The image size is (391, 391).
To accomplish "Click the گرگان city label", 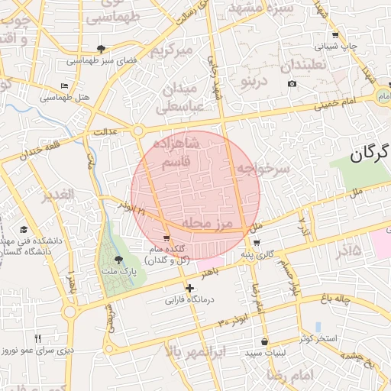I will click(369, 153).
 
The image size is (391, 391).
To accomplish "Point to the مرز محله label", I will click(206, 222).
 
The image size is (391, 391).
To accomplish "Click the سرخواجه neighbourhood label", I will click(263, 169).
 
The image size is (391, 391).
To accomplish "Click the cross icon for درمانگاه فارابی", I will click(190, 288).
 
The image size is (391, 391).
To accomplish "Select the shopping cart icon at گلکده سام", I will click(166, 238).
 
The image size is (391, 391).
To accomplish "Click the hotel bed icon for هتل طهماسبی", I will click(65, 86).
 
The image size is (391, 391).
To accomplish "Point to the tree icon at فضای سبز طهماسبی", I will click(101, 50).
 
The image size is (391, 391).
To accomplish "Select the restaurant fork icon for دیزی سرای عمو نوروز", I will click(37, 338).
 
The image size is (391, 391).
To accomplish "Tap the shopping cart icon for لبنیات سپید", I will click(264, 342).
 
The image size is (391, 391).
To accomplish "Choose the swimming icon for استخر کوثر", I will click(318, 327).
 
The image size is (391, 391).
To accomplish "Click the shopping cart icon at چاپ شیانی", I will click(335, 35).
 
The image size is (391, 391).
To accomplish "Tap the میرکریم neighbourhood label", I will click(169, 51).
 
